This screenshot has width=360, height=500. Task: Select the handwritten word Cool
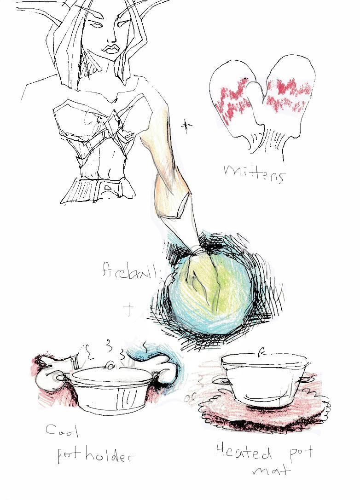pos(62,431)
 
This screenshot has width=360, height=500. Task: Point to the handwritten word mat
pos(271,471)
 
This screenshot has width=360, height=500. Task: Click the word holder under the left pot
pos(109,456)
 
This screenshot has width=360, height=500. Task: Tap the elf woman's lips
pos(110,49)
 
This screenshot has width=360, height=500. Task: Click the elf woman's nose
pos(111,38)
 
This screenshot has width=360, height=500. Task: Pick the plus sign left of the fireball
pos(128,309)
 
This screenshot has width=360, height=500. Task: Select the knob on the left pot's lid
pos(110,366)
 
